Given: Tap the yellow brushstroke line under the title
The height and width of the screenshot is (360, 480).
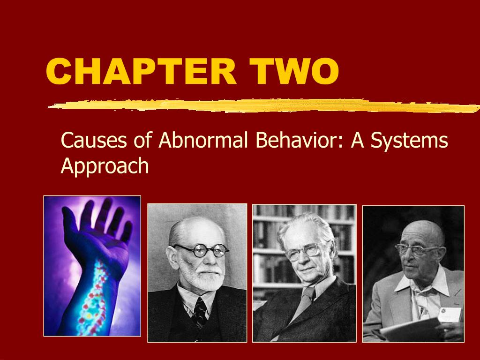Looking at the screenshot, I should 262,106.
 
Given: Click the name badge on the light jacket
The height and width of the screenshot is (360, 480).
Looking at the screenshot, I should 448,314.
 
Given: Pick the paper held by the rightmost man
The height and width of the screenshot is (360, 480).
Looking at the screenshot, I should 408,330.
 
